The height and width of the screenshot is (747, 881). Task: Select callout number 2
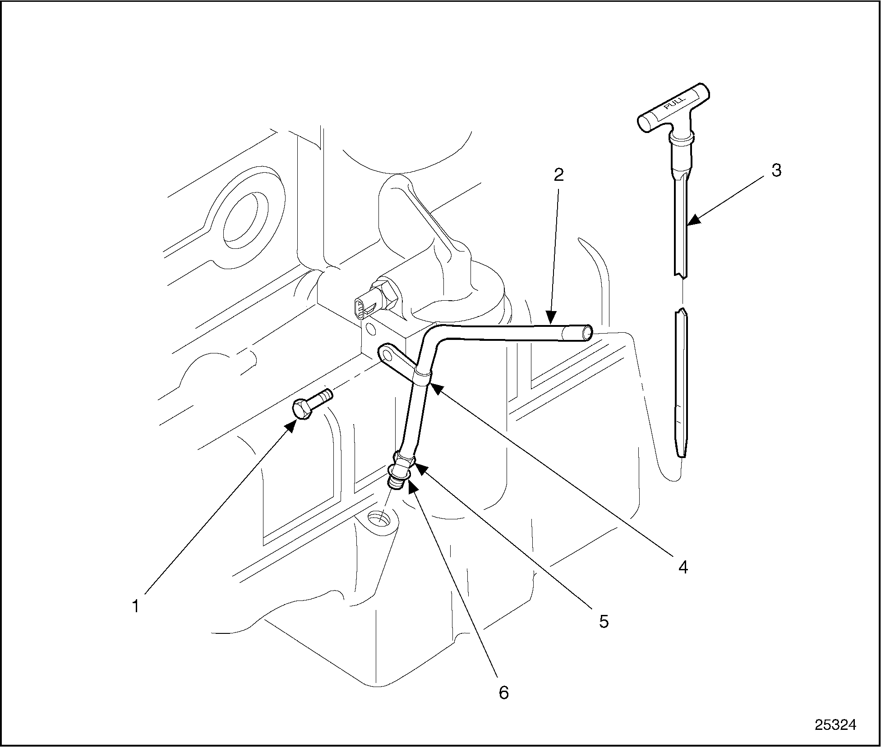[558, 175]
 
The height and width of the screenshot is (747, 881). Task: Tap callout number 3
[776, 170]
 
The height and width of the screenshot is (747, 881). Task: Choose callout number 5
[604, 622]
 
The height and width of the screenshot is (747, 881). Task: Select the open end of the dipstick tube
[587, 333]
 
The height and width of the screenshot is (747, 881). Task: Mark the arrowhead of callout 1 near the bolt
[291, 425]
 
